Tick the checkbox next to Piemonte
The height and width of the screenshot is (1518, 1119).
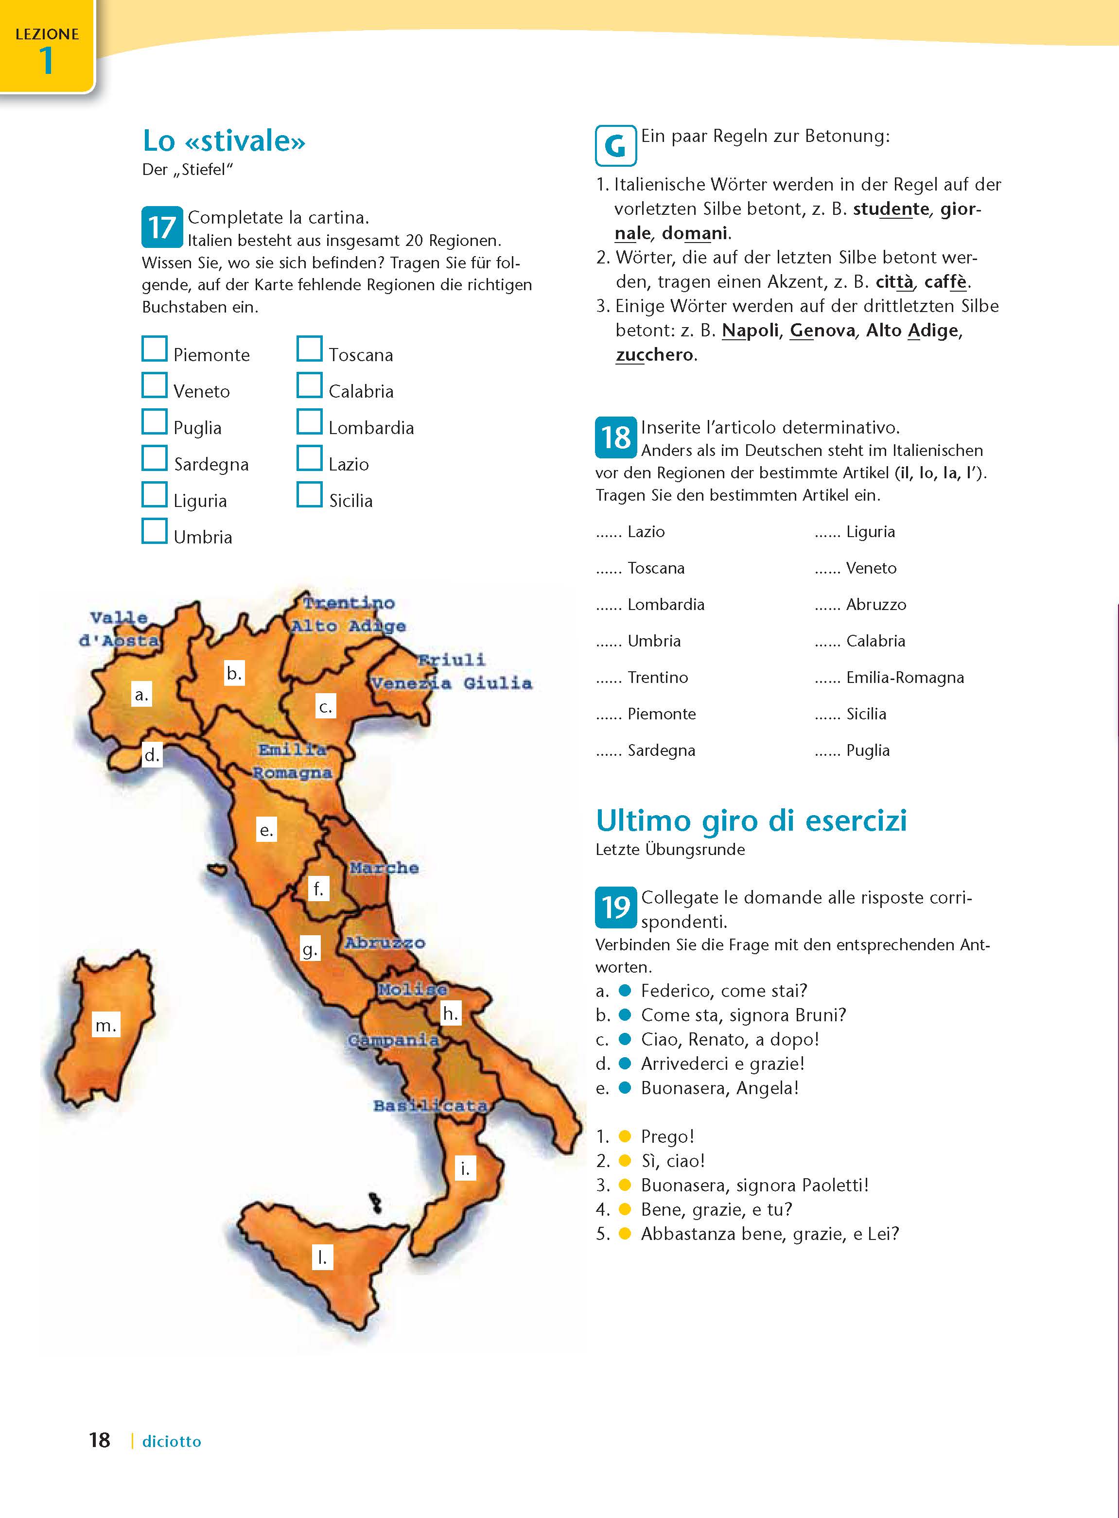pos(155,349)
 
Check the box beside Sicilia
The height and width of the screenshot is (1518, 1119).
pos(310,494)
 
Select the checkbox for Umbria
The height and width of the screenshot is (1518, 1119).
pos(155,531)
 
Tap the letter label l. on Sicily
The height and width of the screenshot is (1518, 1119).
pos(322,1258)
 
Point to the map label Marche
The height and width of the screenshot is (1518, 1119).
pos(384,868)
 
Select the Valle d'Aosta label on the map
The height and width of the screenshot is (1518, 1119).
pos(119,628)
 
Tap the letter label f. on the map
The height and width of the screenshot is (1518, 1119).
pos(318,888)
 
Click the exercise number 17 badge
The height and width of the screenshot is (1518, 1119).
pos(162,227)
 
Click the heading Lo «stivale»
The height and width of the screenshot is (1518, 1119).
pos(224,141)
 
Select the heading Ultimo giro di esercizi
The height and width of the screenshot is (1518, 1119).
pos(751,820)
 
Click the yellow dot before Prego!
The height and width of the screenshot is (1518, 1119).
pos(625,1136)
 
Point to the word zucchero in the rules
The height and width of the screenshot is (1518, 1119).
pos(654,355)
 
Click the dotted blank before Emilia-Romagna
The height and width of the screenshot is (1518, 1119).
pos(827,678)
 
